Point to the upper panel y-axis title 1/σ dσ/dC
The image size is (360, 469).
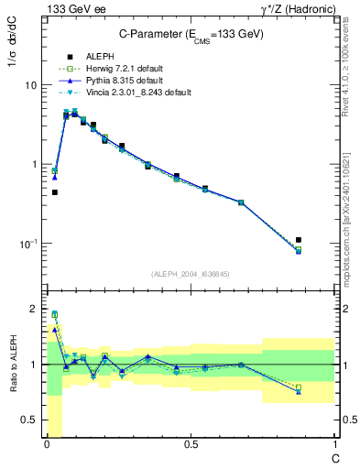coord(13,56)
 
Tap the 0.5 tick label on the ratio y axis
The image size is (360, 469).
coord(30,420)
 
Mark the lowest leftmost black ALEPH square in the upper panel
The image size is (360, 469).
coord(55,192)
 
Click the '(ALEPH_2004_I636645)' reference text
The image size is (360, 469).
coord(191,273)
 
